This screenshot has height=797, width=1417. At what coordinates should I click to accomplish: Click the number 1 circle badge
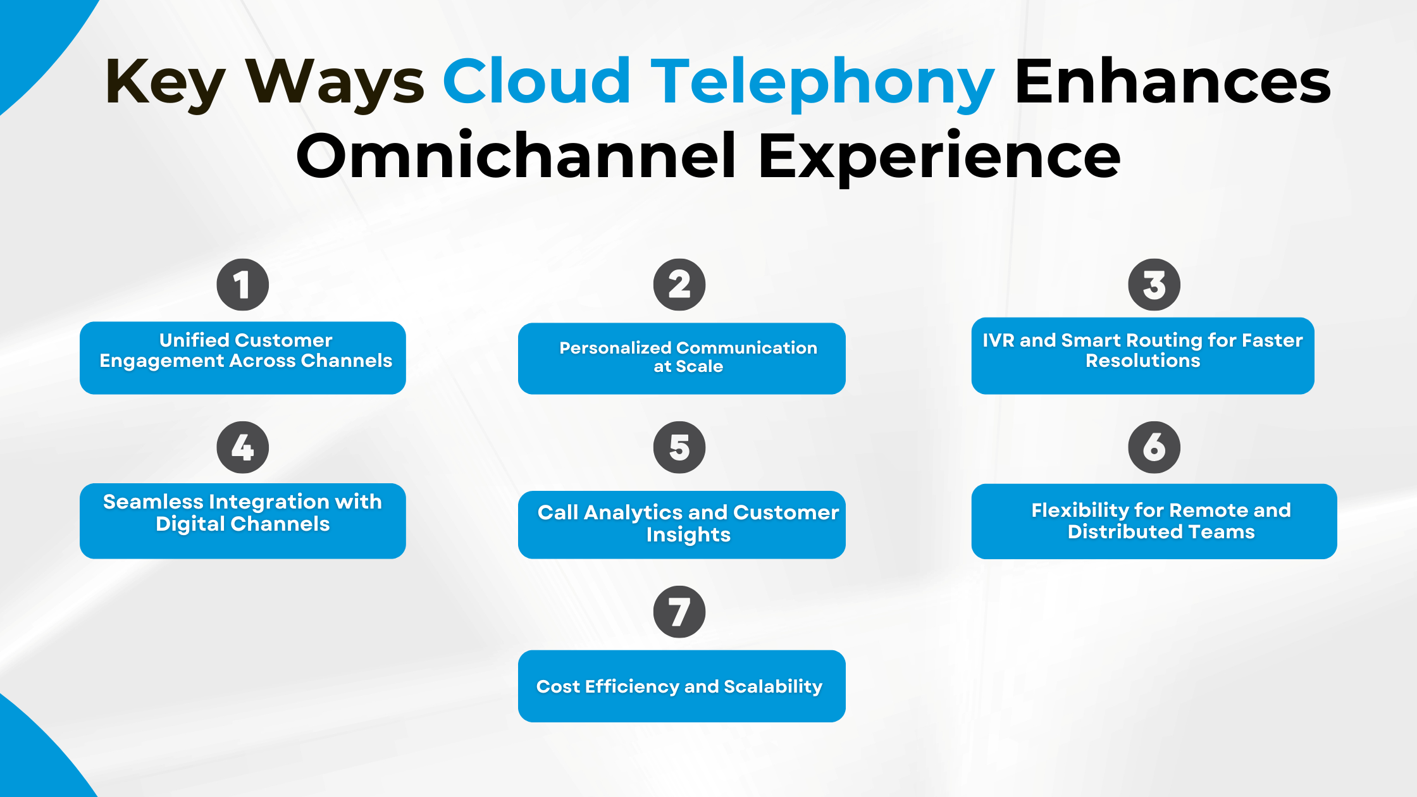pos(242,285)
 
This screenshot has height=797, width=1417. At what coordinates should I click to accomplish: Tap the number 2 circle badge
pos(679,285)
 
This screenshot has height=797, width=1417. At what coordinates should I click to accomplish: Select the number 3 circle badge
pos(1154,285)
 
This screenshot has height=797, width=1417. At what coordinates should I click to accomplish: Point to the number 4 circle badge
pos(242,447)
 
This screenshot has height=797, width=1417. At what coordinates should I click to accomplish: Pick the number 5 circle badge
pos(679,447)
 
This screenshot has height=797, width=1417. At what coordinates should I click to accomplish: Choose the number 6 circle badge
pos(1154,447)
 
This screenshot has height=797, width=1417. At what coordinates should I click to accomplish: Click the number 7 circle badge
pos(679,612)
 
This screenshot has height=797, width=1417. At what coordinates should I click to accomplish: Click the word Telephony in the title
pos(822,82)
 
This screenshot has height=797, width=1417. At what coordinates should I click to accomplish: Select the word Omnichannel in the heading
pos(516,156)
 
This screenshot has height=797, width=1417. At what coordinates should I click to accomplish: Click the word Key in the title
pos(164,82)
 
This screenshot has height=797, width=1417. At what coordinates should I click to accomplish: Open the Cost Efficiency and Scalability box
pos(681,686)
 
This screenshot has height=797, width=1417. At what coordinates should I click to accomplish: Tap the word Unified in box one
pos(194,340)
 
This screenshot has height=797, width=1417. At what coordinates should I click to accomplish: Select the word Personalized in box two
pos(615,348)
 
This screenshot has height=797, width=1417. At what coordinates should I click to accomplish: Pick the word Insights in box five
pos(688,534)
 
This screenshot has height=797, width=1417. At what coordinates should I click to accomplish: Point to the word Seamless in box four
pos(152,502)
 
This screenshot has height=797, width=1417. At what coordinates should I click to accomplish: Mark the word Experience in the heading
pos(939,156)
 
